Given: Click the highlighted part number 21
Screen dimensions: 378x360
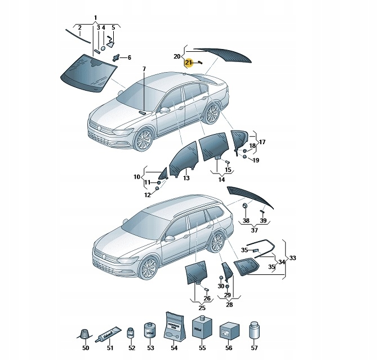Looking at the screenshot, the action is pyautogui.click(x=189, y=62).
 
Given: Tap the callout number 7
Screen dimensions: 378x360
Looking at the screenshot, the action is pyautogui.click(x=144, y=69).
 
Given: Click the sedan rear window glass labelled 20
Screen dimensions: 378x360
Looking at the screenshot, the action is pyautogui.click(x=223, y=54).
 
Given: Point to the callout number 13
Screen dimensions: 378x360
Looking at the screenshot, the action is pyautogui.click(x=186, y=178).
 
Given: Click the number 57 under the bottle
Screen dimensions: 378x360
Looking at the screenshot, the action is pyautogui.click(x=254, y=348).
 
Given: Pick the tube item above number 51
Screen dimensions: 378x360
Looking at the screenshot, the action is pyautogui.click(x=110, y=335).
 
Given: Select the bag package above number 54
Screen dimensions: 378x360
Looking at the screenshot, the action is pyautogui.click(x=174, y=326).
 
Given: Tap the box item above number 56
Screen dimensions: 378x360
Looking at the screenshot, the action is pyautogui.click(x=226, y=330).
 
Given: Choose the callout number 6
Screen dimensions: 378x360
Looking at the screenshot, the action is pyautogui.click(x=128, y=57).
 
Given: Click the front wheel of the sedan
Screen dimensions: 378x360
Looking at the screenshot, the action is pyautogui.click(x=145, y=139).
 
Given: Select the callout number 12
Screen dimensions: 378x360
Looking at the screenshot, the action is pyautogui.click(x=148, y=195).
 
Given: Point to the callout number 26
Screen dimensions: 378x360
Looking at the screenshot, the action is pyautogui.click(x=207, y=298).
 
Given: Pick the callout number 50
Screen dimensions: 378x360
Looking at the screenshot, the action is pyautogui.click(x=86, y=348).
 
